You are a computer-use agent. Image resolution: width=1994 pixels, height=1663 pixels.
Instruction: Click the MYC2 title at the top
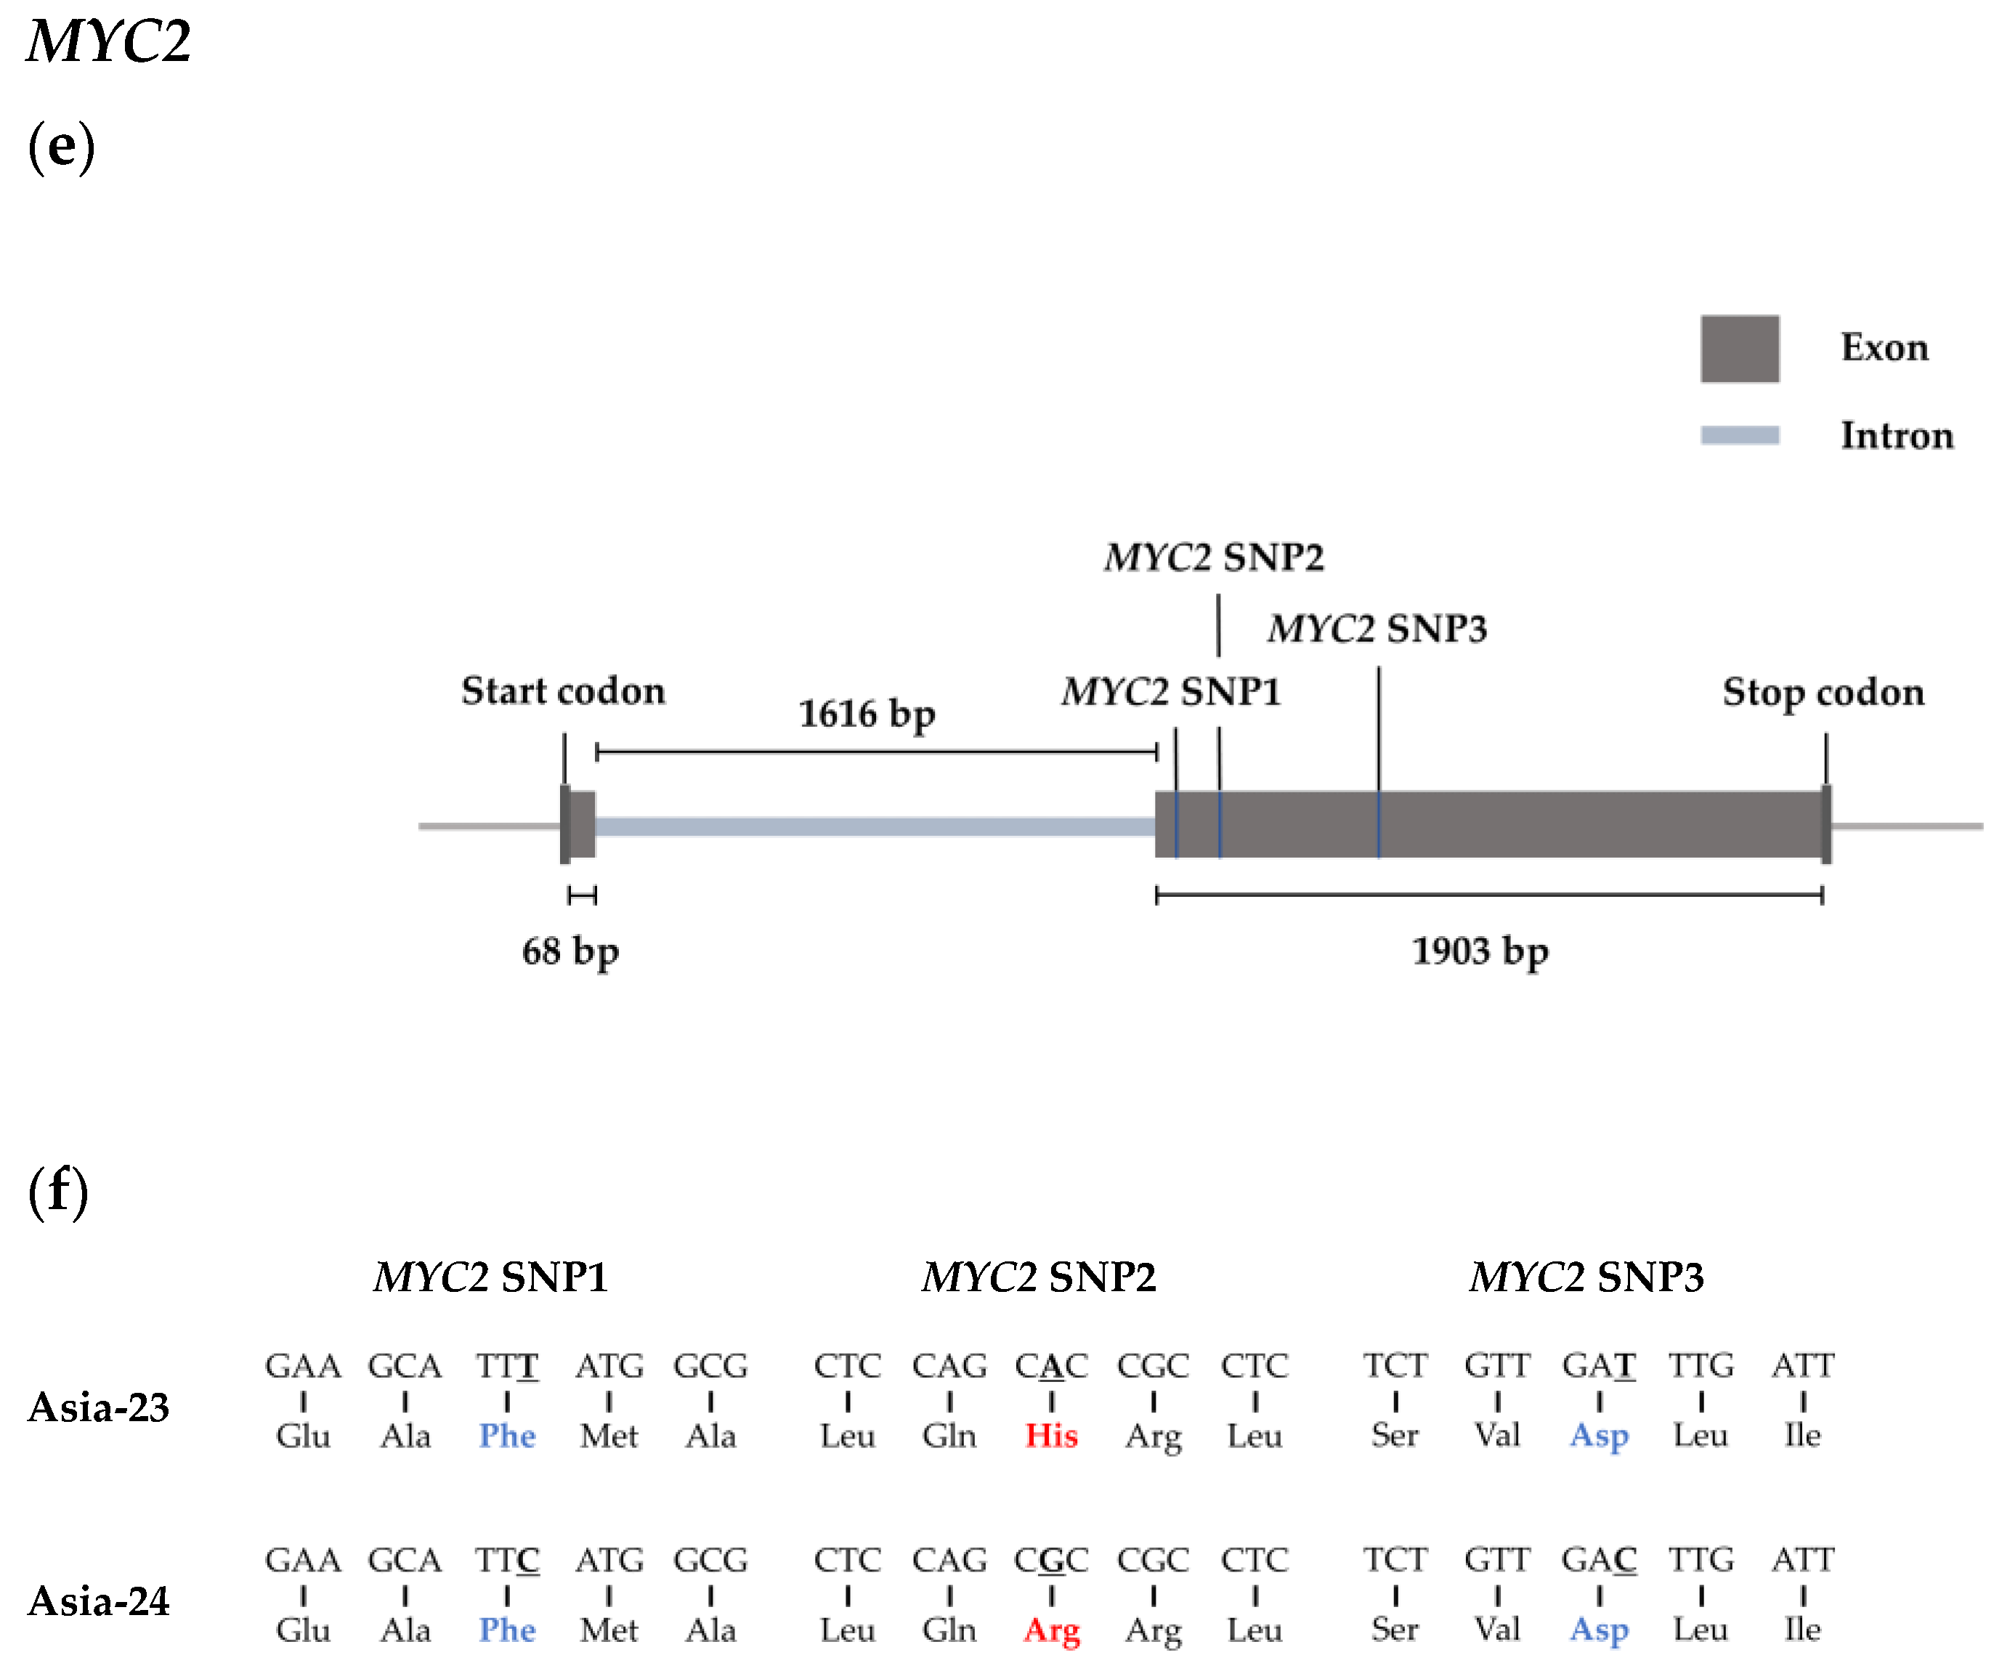(x=108, y=42)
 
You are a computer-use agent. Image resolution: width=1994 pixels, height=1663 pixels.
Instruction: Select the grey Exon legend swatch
(x=1738, y=349)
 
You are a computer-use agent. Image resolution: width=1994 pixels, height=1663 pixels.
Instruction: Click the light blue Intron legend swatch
(x=1738, y=435)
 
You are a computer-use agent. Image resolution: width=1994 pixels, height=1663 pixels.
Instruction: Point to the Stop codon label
(x=1823, y=693)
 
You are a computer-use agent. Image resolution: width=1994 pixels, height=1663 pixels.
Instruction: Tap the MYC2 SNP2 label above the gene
(x=1214, y=557)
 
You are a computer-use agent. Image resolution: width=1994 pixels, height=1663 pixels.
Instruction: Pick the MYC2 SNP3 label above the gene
(x=1377, y=628)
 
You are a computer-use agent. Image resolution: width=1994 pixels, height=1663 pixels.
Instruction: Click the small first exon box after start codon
(x=582, y=824)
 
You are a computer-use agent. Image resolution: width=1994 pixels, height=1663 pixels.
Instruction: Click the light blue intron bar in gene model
(x=874, y=826)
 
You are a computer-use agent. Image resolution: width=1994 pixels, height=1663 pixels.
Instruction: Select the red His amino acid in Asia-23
(x=1051, y=1435)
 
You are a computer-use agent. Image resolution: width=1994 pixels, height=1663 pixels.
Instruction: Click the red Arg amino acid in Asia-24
(x=1051, y=1630)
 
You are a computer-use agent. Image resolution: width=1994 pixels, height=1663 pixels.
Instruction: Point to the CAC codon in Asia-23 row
(x=1051, y=1366)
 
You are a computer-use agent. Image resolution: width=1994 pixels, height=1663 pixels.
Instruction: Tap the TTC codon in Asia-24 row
(x=507, y=1560)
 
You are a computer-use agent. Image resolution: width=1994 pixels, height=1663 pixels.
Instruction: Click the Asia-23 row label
(x=99, y=1407)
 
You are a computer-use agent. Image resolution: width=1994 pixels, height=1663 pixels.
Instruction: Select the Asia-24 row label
(x=99, y=1602)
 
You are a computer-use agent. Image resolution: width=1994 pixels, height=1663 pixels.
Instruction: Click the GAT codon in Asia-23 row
(x=1599, y=1366)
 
